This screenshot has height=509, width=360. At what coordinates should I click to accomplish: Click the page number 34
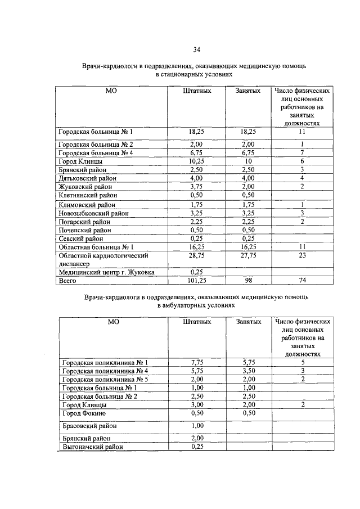click(197, 49)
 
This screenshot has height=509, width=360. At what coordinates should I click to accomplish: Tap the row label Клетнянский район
click(88, 195)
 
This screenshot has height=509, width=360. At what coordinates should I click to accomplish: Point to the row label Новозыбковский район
click(93, 213)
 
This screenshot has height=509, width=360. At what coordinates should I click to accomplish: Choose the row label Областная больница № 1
click(96, 247)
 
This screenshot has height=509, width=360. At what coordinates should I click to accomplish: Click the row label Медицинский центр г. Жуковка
click(106, 272)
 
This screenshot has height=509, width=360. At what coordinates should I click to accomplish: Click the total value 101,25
click(197, 280)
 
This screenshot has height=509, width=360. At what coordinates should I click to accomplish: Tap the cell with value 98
click(248, 280)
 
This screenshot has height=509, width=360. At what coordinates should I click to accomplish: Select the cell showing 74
click(301, 280)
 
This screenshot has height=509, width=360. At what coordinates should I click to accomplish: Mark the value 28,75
click(197, 255)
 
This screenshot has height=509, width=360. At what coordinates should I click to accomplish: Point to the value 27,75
click(248, 255)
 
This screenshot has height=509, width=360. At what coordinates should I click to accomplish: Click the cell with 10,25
click(197, 161)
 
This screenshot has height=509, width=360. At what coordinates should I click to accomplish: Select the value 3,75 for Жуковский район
click(197, 187)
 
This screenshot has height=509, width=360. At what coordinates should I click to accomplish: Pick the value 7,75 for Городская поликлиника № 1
click(197, 362)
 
